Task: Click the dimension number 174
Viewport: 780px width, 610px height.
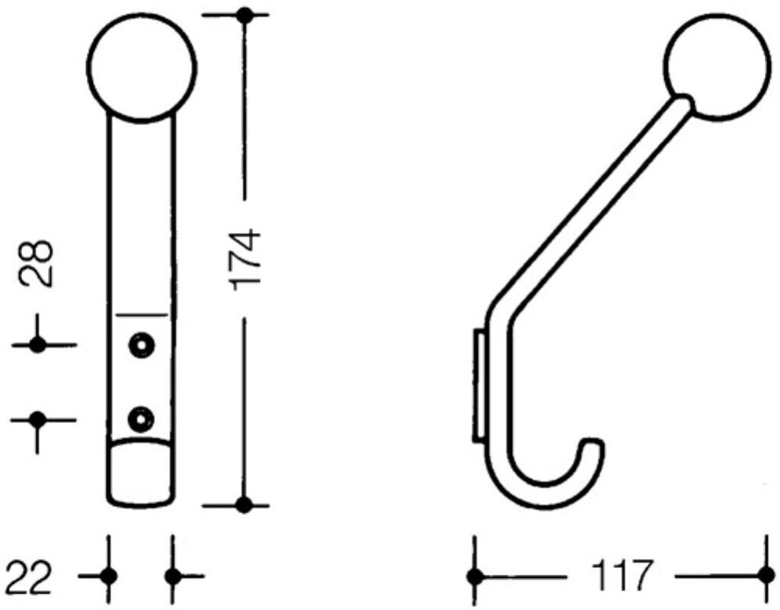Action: [245, 259]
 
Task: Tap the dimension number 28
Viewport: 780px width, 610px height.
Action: [37, 263]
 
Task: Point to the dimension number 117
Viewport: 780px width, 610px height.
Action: [621, 576]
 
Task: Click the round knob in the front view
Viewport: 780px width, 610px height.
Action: [142, 67]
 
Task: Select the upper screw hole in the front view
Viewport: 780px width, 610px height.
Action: [141, 345]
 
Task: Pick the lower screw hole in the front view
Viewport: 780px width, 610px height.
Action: [141, 419]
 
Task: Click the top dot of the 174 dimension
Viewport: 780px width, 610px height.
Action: [244, 15]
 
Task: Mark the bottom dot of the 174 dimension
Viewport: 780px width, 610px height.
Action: [244, 505]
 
